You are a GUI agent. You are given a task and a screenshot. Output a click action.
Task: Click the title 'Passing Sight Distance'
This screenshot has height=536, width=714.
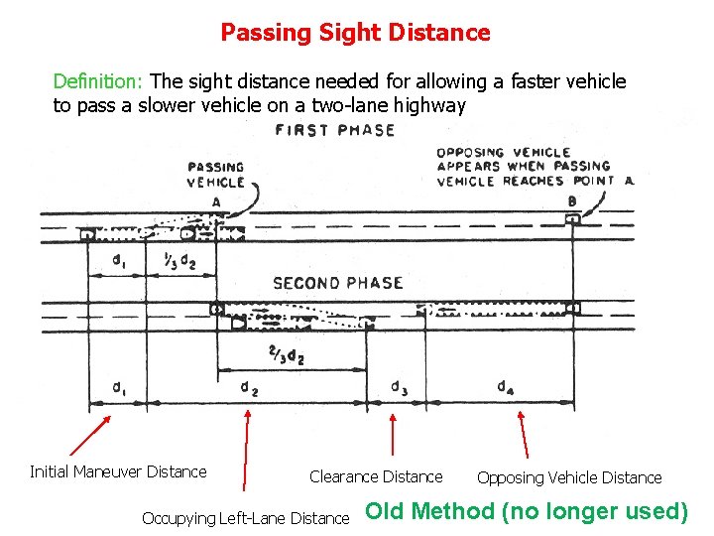click(x=355, y=33)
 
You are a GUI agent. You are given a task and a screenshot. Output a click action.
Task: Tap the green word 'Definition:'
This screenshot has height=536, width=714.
click(x=100, y=81)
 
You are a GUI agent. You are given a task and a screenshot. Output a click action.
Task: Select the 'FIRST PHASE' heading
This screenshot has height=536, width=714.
click(x=335, y=130)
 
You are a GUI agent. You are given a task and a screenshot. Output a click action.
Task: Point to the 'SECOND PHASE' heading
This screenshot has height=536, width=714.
click(x=337, y=283)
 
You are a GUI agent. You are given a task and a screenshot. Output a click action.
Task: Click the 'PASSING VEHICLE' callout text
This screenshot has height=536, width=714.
click(x=215, y=175)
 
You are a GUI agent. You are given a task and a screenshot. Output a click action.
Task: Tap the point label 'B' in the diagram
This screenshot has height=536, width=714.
click(x=572, y=201)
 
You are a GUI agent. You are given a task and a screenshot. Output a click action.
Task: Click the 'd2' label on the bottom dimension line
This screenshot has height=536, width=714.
click(x=250, y=388)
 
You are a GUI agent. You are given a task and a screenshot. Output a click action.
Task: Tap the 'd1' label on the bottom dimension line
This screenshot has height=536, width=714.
click(x=118, y=387)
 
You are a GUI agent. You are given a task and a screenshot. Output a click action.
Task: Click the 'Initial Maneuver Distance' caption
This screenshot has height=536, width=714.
click(x=118, y=472)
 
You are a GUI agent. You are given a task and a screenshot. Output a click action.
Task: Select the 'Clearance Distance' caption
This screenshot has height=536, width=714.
click(x=376, y=477)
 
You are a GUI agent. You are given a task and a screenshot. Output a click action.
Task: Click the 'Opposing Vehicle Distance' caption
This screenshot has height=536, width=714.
click(x=569, y=478)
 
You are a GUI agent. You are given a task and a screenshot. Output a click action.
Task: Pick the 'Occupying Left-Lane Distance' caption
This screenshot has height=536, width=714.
click(x=245, y=518)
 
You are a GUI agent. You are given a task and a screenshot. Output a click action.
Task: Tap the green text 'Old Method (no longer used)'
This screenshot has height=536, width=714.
click(x=527, y=512)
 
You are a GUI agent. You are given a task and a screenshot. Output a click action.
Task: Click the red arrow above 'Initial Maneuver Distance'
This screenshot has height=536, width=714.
click(x=89, y=437)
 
